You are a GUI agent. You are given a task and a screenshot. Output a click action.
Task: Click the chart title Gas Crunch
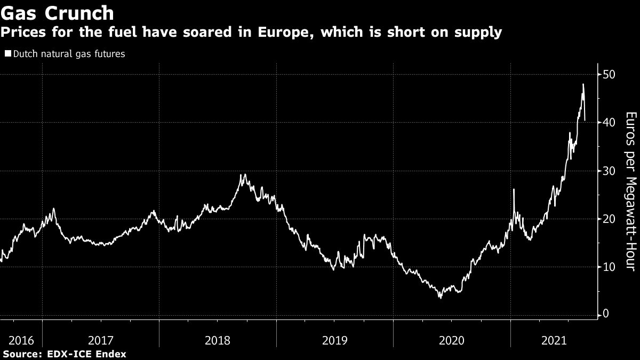58,12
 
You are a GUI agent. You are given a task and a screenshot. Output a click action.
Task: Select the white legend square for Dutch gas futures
7,54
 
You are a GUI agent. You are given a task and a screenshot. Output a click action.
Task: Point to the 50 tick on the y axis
610,74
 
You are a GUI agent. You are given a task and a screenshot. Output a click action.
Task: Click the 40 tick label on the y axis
610,123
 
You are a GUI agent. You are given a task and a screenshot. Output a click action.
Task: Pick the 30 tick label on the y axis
610,171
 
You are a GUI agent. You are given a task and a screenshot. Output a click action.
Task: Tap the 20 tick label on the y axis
610,219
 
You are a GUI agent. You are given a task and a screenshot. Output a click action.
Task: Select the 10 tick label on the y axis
610,267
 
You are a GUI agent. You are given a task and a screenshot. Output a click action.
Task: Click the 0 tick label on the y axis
606,315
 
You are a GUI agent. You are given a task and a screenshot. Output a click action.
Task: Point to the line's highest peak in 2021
583,84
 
